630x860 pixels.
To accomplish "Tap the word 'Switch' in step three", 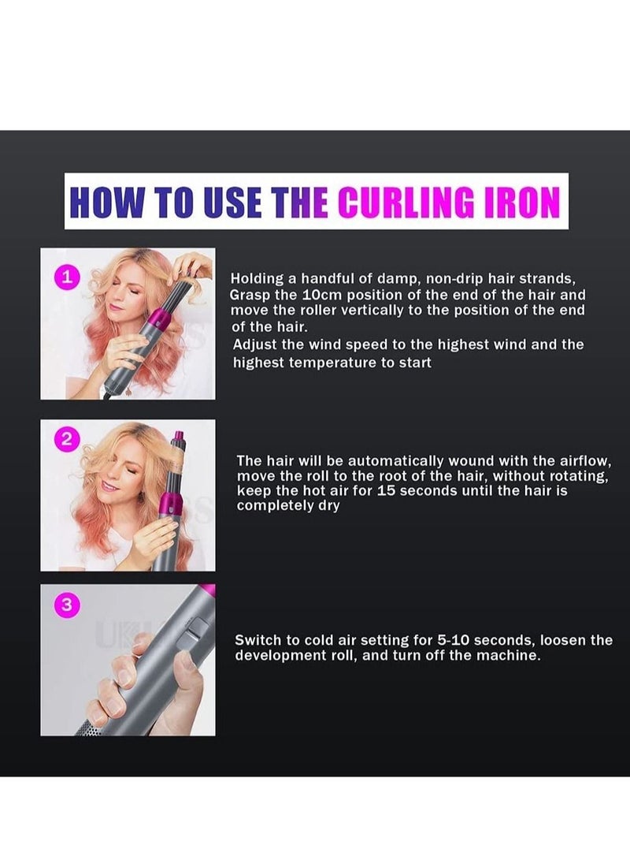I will (x=258, y=640).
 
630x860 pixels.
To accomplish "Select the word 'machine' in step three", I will (x=510, y=656).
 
